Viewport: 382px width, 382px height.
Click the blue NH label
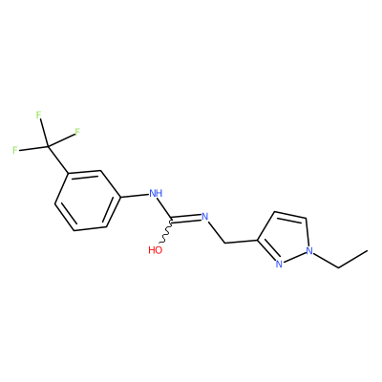[156, 193]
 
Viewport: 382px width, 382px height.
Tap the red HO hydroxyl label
[156, 250]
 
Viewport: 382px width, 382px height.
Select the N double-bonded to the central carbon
[204, 217]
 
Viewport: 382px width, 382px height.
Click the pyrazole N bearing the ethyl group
[309, 251]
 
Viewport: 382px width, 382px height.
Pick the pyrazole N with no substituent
[279, 264]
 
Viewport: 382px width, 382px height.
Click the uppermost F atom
[39, 116]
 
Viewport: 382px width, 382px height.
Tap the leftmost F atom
[15, 150]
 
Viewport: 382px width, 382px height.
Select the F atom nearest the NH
[77, 132]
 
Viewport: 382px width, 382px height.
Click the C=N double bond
[187, 219]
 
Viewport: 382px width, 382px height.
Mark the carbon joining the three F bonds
[48, 146]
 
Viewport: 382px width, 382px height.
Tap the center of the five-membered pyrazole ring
[285, 237]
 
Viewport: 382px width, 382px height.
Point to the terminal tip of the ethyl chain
[368, 250]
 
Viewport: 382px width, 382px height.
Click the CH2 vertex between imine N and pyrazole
[225, 244]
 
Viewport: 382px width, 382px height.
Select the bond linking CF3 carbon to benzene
[58, 159]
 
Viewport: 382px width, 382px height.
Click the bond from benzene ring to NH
[135, 196]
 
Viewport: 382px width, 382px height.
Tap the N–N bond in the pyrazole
[294, 257]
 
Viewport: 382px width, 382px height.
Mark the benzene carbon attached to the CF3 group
[68, 174]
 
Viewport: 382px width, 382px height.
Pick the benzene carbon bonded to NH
[120, 197]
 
